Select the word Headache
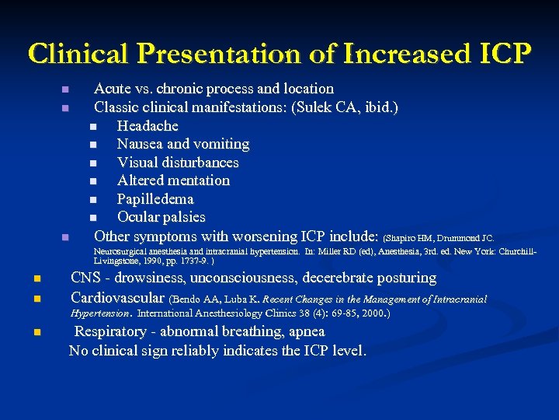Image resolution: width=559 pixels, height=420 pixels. tap(148, 126)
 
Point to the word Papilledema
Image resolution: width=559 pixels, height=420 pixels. tap(155, 199)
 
